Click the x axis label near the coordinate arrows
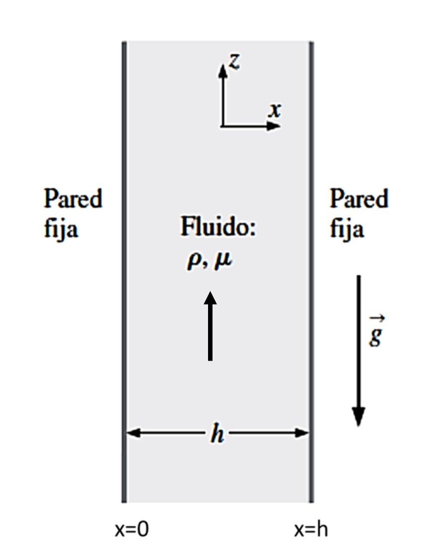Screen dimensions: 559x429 coord(274,110)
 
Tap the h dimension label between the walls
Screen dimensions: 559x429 coord(217,434)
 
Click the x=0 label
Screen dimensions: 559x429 coord(132,530)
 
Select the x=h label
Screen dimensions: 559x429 coord(311,530)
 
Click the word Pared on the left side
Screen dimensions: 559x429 coord(73,200)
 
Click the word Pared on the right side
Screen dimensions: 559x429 coord(359,200)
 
